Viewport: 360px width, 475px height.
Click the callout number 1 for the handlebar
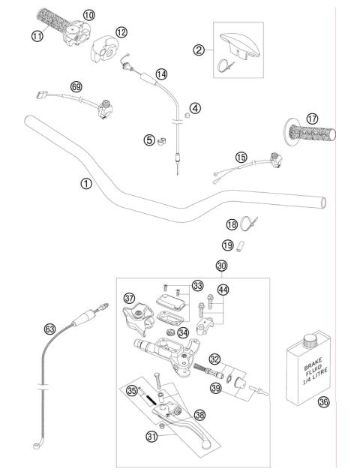pyautogui.click(x=86, y=183)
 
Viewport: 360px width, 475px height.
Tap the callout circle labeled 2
pyautogui.click(x=199, y=50)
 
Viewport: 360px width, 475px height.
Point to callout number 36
pyautogui.click(x=323, y=401)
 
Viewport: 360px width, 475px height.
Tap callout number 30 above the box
pyautogui.click(x=220, y=266)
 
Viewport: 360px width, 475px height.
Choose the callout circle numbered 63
pyautogui.click(x=50, y=328)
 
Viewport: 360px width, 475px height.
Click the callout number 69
pyautogui.click(x=76, y=88)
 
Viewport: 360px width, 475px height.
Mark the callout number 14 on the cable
pyautogui.click(x=161, y=73)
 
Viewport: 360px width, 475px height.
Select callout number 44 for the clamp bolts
pyautogui.click(x=223, y=290)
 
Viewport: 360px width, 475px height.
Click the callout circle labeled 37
pyautogui.click(x=129, y=299)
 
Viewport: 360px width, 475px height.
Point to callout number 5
pyautogui.click(x=150, y=140)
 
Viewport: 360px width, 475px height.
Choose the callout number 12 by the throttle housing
pyautogui.click(x=121, y=32)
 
